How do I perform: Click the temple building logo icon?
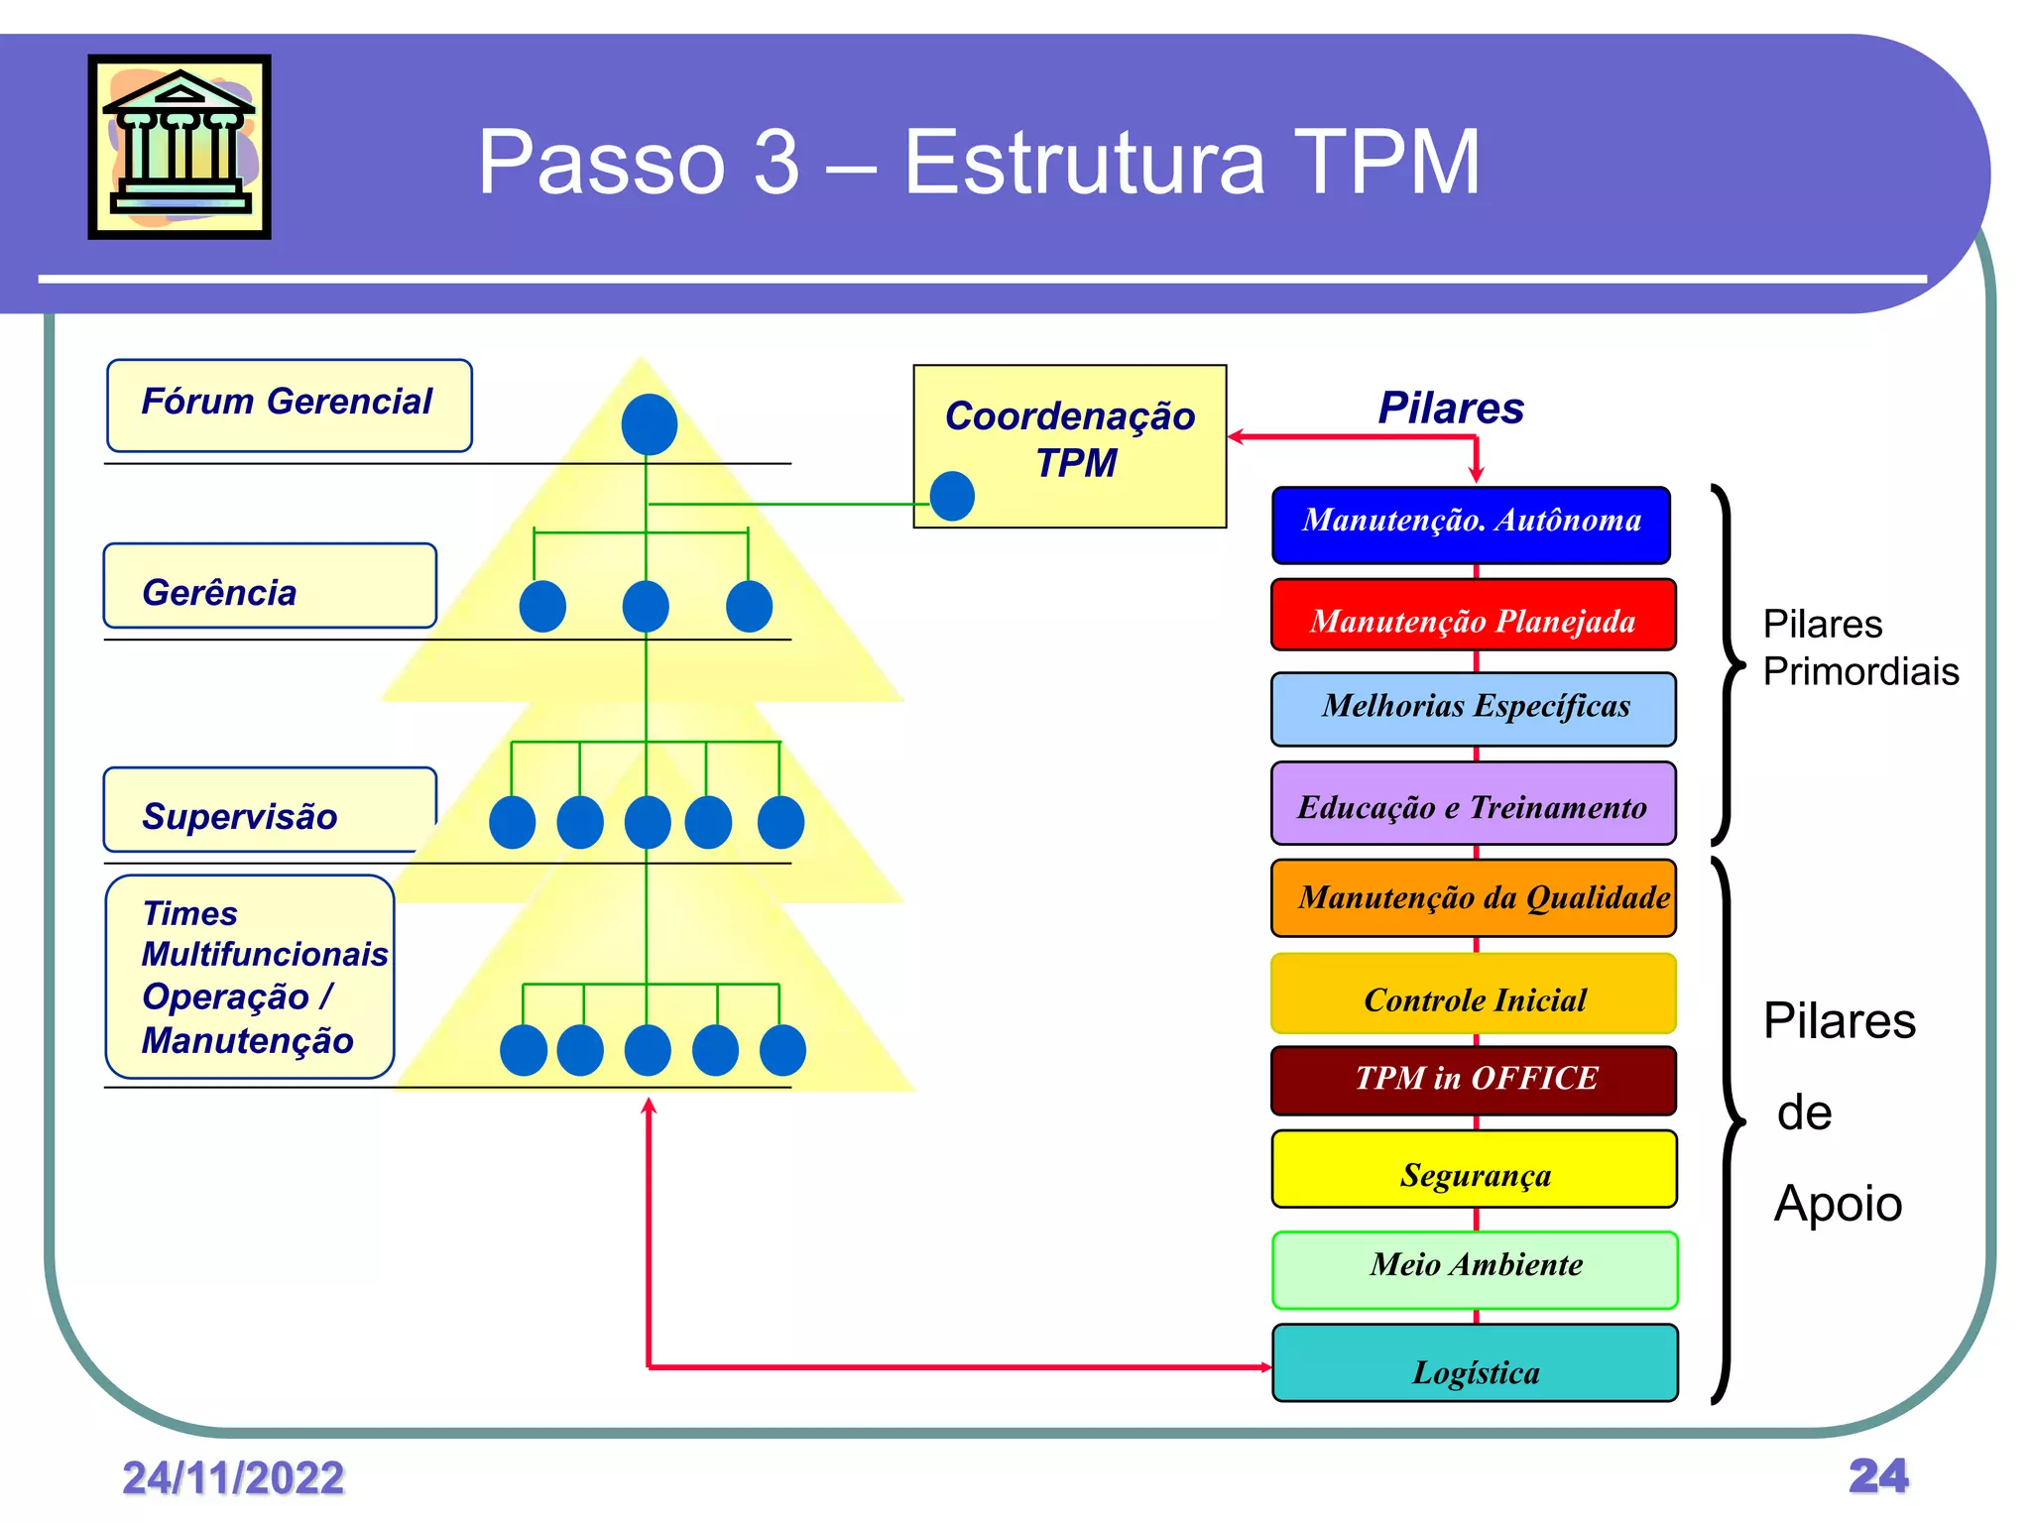[179, 147]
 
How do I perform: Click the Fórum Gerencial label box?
[289, 406]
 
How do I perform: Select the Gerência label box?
[270, 586]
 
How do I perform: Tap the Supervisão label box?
[270, 810]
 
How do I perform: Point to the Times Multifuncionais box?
[250, 977]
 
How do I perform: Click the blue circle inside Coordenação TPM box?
[952, 496]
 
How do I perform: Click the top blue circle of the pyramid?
[650, 424]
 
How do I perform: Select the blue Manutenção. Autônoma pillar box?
[1471, 525]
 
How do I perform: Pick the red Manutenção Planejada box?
[1473, 615]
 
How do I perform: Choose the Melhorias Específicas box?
[1473, 709]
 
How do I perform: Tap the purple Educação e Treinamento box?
[1473, 802]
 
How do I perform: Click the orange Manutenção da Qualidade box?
[1473, 897]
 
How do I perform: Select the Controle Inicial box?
[1473, 994]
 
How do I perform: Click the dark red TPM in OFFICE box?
[1473, 1080]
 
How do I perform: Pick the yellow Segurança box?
[1474, 1169]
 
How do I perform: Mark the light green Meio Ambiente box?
[1475, 1269]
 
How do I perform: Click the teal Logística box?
[1475, 1362]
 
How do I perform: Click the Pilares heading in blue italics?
[1451, 408]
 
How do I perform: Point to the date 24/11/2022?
[233, 1477]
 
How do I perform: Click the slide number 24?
[1877, 1475]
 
